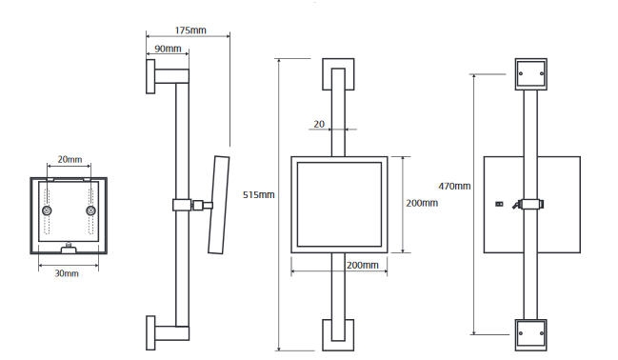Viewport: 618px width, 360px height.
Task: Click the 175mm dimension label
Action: (x=190, y=30)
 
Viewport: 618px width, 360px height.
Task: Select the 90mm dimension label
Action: (x=168, y=49)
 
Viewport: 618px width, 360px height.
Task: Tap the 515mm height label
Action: (x=259, y=195)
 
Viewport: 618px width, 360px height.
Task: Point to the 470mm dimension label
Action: (x=454, y=186)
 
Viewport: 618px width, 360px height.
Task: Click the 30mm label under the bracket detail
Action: (x=67, y=273)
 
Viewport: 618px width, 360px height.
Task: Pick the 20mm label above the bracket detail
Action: (x=70, y=159)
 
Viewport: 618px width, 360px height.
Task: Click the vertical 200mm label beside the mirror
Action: (x=422, y=203)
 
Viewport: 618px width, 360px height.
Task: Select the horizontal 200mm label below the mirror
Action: (x=362, y=265)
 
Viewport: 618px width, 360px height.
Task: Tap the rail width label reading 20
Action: (x=319, y=124)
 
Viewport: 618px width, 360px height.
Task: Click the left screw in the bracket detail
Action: (x=47, y=210)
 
